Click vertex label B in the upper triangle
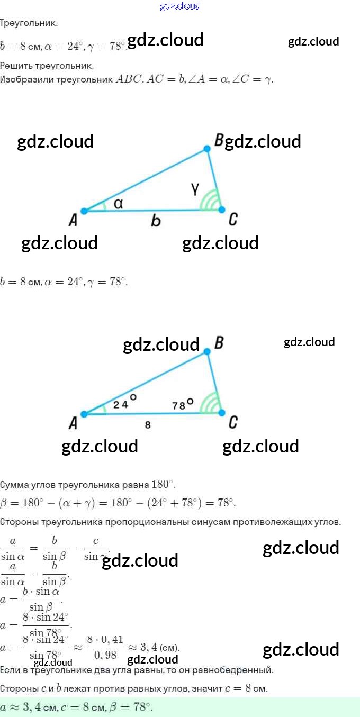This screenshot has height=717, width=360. tap(219, 140)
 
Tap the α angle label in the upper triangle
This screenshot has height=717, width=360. tap(119, 203)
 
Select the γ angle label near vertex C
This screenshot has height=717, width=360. tap(195, 188)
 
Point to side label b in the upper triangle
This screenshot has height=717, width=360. tap(155, 221)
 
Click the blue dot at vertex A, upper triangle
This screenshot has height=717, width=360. tap(84, 211)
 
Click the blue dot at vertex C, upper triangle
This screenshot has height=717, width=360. tap(222, 210)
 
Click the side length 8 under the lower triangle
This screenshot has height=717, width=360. tap(148, 424)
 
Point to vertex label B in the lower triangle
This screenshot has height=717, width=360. tap(219, 343)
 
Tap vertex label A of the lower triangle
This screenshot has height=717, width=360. tap(73, 423)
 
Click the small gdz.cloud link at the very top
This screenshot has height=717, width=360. tap(180, 6)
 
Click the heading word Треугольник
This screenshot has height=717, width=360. tap(29, 23)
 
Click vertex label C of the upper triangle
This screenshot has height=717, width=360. tap(232, 220)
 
